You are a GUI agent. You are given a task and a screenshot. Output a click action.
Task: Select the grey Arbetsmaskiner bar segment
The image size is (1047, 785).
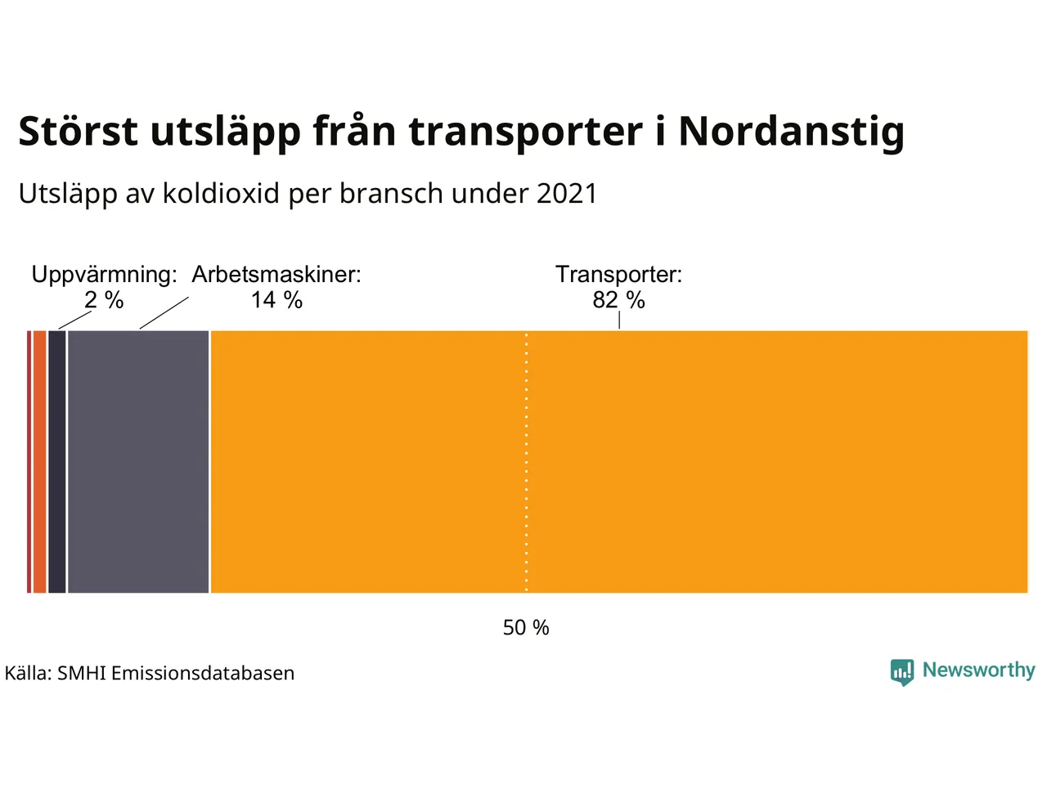point(138,462)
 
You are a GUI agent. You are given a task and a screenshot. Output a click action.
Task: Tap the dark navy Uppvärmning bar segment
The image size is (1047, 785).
point(56,462)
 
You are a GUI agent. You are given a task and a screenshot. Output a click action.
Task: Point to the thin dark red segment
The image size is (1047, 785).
point(29,462)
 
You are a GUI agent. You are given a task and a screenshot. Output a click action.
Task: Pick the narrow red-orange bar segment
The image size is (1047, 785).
point(39,462)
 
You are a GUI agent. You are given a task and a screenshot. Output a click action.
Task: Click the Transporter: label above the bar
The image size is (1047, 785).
point(618,274)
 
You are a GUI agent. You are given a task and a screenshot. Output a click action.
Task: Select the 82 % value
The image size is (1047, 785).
point(618,300)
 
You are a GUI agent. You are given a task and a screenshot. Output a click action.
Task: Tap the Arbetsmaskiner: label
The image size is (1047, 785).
point(276,274)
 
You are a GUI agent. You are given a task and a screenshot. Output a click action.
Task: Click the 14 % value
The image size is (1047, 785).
point(276,300)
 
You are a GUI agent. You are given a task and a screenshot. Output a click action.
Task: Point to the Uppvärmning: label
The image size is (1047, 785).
point(104,274)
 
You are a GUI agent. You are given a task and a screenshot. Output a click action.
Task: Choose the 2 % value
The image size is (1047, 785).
point(104,300)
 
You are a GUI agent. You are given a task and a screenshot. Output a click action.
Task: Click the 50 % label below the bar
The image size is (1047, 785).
point(526,627)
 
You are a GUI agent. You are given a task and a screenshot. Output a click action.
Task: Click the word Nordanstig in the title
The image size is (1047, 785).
point(791,132)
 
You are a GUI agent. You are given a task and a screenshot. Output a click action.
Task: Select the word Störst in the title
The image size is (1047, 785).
point(78,132)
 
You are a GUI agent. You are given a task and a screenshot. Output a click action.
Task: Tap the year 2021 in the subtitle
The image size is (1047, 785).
point(567,194)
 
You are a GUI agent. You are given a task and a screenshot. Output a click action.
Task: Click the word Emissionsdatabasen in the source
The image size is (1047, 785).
point(203,673)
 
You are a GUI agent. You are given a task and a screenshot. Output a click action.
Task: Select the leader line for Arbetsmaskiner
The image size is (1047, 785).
point(164,313)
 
